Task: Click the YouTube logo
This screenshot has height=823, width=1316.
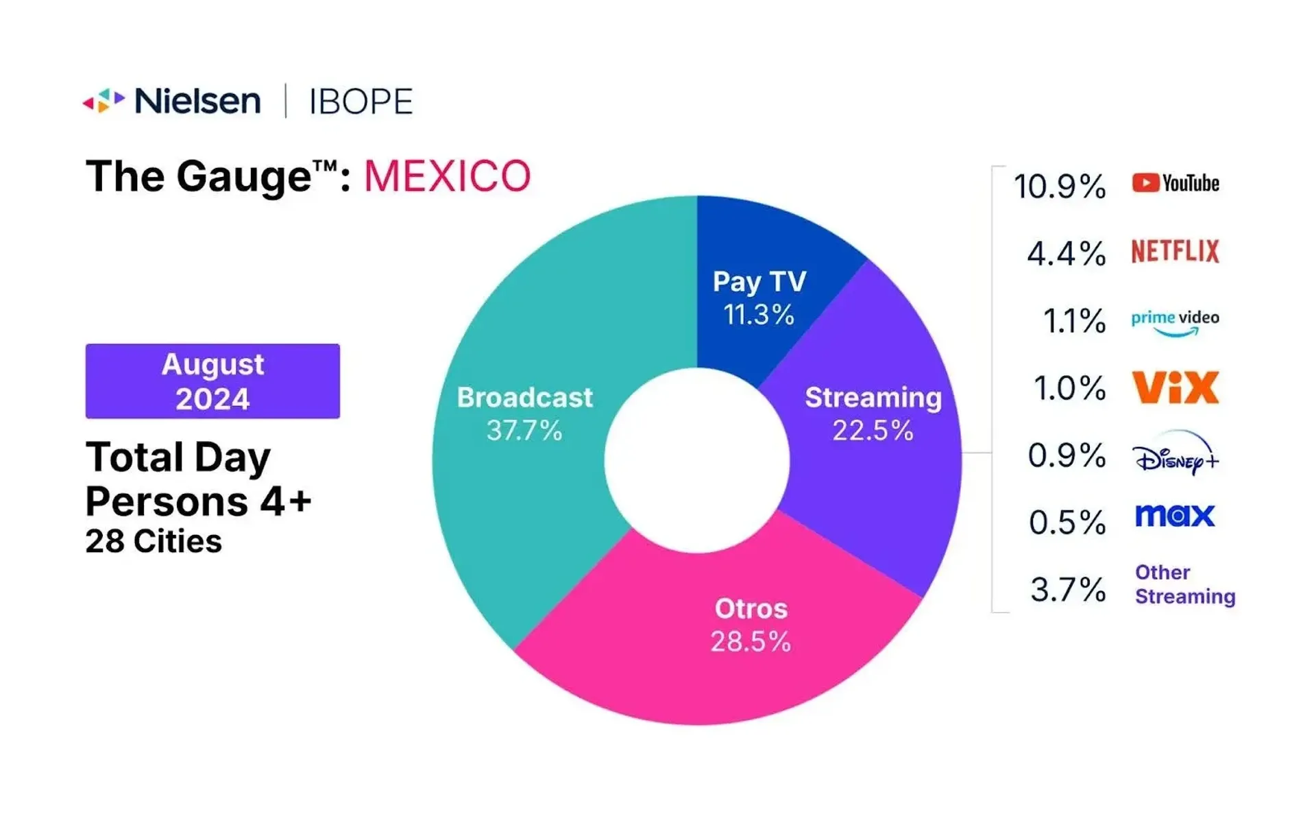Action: pyautogui.click(x=1175, y=183)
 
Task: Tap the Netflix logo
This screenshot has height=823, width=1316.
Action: pyautogui.click(x=1175, y=251)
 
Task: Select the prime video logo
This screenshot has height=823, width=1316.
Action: pyautogui.click(x=1175, y=322)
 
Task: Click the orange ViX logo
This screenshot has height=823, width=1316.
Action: pyautogui.click(x=1175, y=387)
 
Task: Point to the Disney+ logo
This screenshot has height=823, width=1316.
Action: pyautogui.click(x=1175, y=454)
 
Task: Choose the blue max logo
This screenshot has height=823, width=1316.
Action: pyautogui.click(x=1175, y=515)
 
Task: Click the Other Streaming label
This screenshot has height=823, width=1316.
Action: pyautogui.click(x=1184, y=584)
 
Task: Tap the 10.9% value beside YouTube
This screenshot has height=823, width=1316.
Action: pyautogui.click(x=1059, y=187)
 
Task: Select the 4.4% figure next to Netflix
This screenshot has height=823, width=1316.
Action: pyautogui.click(x=1066, y=254)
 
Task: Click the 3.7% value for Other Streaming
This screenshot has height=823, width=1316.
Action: pyautogui.click(x=1068, y=590)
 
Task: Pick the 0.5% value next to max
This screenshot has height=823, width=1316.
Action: pyautogui.click(x=1067, y=523)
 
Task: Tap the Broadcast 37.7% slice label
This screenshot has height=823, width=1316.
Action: pyautogui.click(x=524, y=414)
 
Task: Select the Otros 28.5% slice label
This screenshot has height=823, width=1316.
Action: pyautogui.click(x=751, y=625)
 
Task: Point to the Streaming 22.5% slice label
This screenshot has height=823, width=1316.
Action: pyautogui.click(x=873, y=414)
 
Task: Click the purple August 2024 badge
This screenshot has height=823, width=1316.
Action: pyautogui.click(x=212, y=381)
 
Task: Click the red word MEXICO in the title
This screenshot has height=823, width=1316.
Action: pyautogui.click(x=447, y=176)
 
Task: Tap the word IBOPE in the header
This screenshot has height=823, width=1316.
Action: pyautogui.click(x=361, y=102)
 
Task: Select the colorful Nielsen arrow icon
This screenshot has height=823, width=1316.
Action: pyautogui.click(x=103, y=101)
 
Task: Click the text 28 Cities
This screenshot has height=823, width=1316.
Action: pyautogui.click(x=154, y=542)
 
